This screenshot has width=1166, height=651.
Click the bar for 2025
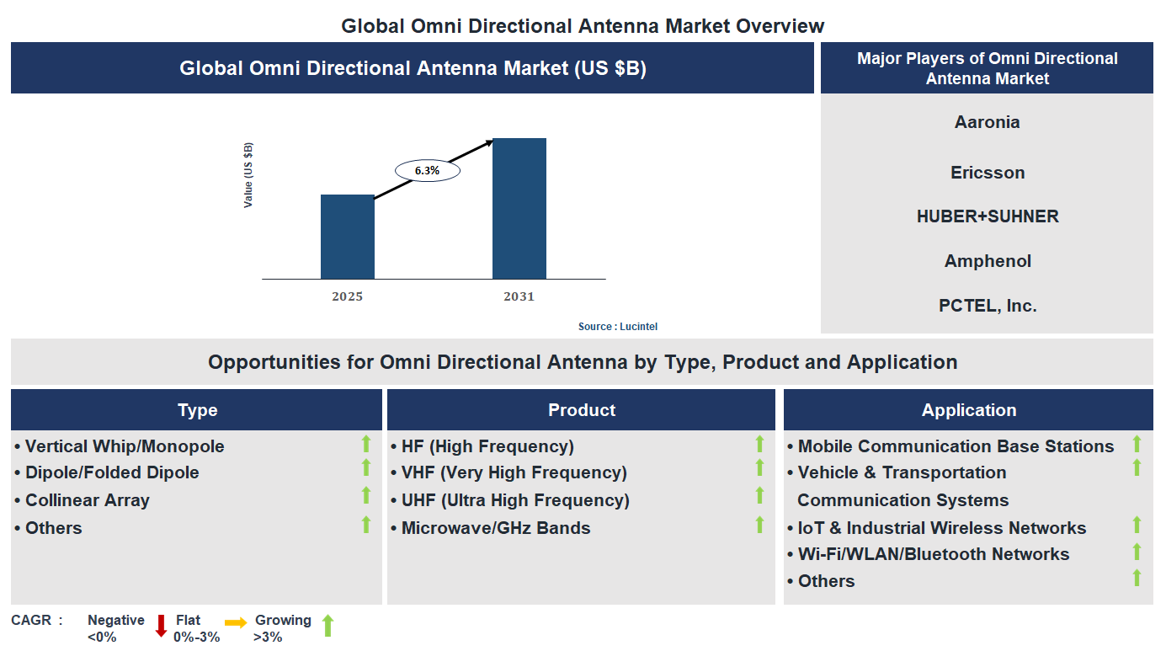pyautogui.click(x=347, y=237)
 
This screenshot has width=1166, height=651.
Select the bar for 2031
pyautogui.click(x=519, y=208)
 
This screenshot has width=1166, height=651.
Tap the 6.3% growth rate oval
pyautogui.click(x=427, y=170)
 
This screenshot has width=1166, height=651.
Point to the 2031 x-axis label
pyautogui.click(x=519, y=296)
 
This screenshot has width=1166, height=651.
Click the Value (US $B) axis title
pyautogui.click(x=248, y=175)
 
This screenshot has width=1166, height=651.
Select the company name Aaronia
pyautogui.click(x=987, y=122)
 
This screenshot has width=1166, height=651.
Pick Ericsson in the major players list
pyautogui.click(x=987, y=173)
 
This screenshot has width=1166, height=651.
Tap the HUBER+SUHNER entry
pyautogui.click(x=987, y=216)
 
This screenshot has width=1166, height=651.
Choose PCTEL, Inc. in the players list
pyautogui.click(x=987, y=306)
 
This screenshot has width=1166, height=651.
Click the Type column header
pyautogui.click(x=197, y=410)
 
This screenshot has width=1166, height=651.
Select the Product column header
pyautogui.click(x=581, y=410)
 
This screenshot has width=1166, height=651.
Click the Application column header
pyautogui.click(x=968, y=410)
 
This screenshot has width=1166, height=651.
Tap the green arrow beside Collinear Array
pyautogui.click(x=366, y=496)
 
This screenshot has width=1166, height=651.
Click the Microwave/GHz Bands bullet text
pyautogui.click(x=495, y=528)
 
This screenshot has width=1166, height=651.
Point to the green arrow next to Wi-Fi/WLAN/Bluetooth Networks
pyautogui.click(x=1137, y=552)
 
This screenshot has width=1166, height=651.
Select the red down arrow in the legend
pyautogui.click(x=161, y=625)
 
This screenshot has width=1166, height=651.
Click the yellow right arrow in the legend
pyautogui.click(x=236, y=622)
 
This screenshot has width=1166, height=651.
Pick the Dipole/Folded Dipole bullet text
pyautogui.click(x=112, y=472)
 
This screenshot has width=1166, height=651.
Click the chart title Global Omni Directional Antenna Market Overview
pyautogui.click(x=583, y=25)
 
